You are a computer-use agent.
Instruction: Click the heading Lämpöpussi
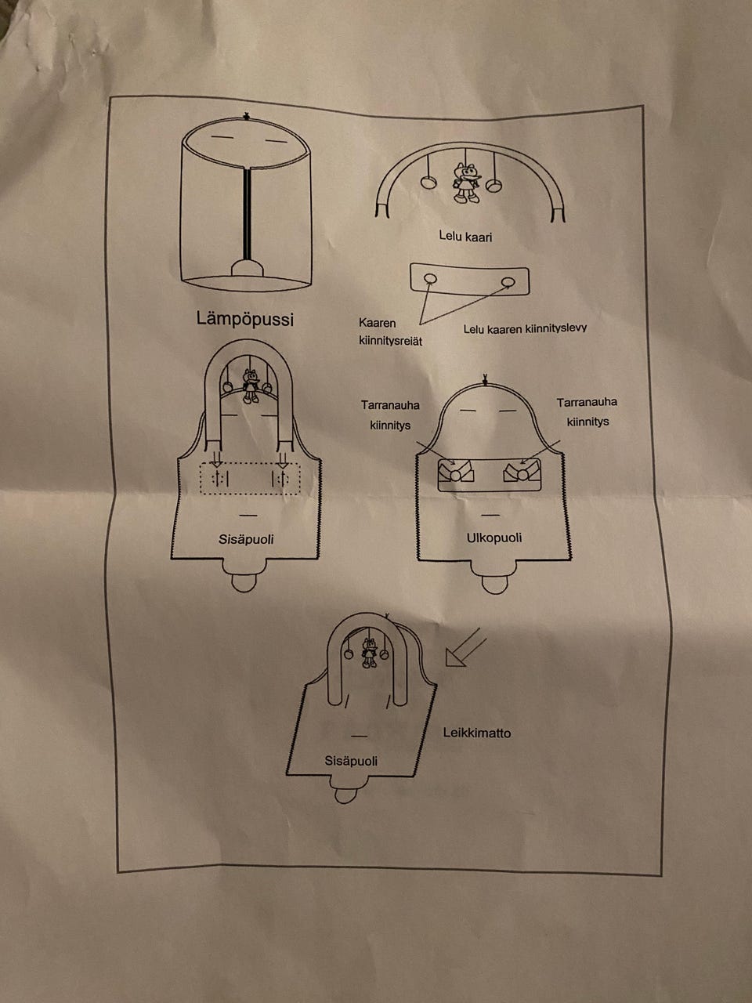pyautogui.click(x=245, y=319)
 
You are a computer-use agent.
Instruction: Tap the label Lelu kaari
pyautogui.click(x=467, y=236)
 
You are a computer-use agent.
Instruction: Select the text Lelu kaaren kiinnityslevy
pyautogui.click(x=524, y=328)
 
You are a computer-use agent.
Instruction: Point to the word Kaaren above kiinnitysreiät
pyautogui.click(x=378, y=323)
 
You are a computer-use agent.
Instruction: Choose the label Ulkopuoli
pyautogui.click(x=493, y=538)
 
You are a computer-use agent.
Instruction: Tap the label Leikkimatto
pyautogui.click(x=476, y=733)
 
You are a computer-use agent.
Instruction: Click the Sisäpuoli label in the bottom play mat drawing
pyautogui.click(x=351, y=760)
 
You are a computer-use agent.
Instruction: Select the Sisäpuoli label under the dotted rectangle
pyautogui.click(x=246, y=539)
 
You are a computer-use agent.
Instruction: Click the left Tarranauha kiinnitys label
pyautogui.click(x=390, y=415)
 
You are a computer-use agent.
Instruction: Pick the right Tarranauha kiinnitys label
pyautogui.click(x=587, y=411)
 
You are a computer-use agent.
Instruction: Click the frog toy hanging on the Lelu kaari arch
pyautogui.click(x=468, y=183)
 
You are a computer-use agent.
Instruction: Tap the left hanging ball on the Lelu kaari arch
pyautogui.click(x=428, y=183)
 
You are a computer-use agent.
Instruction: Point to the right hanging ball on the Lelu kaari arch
pyautogui.click(x=494, y=185)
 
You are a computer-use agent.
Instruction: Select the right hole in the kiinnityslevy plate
pyautogui.click(x=508, y=282)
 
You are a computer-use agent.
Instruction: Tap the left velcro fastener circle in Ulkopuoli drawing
pyautogui.click(x=456, y=473)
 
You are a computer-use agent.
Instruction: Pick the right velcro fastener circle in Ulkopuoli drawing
pyautogui.click(x=523, y=473)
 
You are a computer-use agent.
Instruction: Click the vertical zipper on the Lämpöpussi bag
pyautogui.click(x=248, y=215)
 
